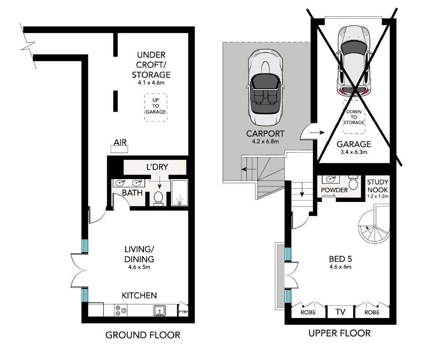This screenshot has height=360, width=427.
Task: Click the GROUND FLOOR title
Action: (x=143, y=335)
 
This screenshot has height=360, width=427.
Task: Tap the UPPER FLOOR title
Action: (x=340, y=333)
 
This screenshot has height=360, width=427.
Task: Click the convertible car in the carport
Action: (x=265, y=87)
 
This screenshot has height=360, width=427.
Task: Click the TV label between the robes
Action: (x=341, y=312)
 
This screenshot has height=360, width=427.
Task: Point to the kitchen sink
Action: (x=160, y=311)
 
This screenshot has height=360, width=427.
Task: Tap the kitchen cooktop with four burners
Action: (x=121, y=311)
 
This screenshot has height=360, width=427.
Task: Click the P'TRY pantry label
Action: (x=183, y=312)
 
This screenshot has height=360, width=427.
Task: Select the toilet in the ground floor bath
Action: (x=158, y=197)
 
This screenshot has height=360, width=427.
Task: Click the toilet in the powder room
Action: (x=353, y=182)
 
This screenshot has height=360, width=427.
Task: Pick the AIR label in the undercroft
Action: (x=120, y=142)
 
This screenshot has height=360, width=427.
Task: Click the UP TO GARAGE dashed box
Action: (x=155, y=107)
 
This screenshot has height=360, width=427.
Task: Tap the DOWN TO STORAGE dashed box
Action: (x=354, y=117)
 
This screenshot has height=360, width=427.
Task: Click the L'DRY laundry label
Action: (x=157, y=167)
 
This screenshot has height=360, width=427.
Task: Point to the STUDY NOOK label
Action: (x=378, y=186)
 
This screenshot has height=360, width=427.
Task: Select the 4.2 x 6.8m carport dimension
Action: (x=265, y=142)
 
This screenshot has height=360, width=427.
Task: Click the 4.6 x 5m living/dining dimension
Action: (x=139, y=267)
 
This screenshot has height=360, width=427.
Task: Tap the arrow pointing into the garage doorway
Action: (x=317, y=132)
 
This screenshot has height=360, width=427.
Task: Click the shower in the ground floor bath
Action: (x=180, y=193)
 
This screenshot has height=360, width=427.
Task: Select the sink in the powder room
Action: (x=331, y=180)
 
